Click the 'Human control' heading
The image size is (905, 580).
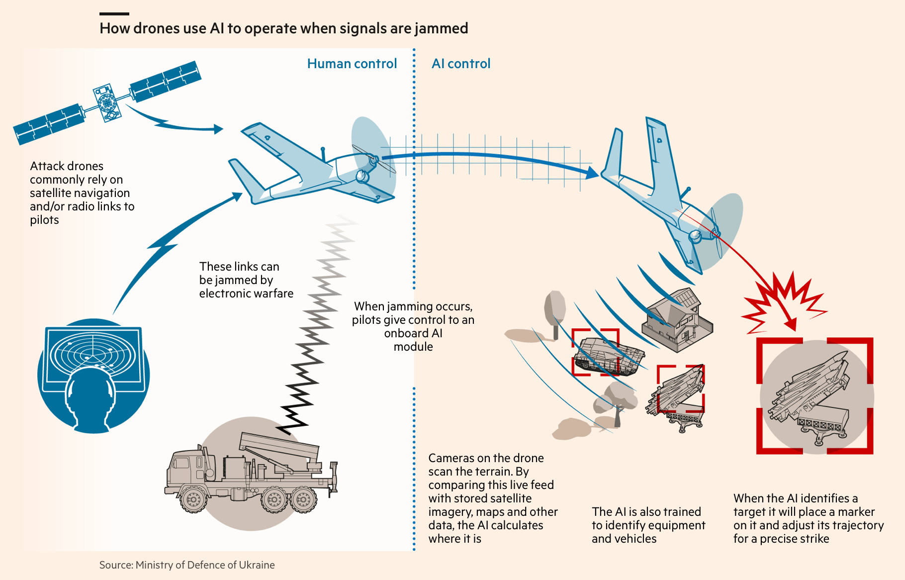tap(352, 64)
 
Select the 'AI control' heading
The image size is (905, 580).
tap(461, 64)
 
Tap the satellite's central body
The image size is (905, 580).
tap(107, 102)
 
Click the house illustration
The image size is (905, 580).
tap(677, 318)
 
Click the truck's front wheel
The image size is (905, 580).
tap(193, 498)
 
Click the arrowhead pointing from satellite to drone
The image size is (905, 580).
tap(218, 129)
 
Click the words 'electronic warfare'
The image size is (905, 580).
tap(246, 293)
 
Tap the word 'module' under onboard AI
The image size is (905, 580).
tap(413, 347)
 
